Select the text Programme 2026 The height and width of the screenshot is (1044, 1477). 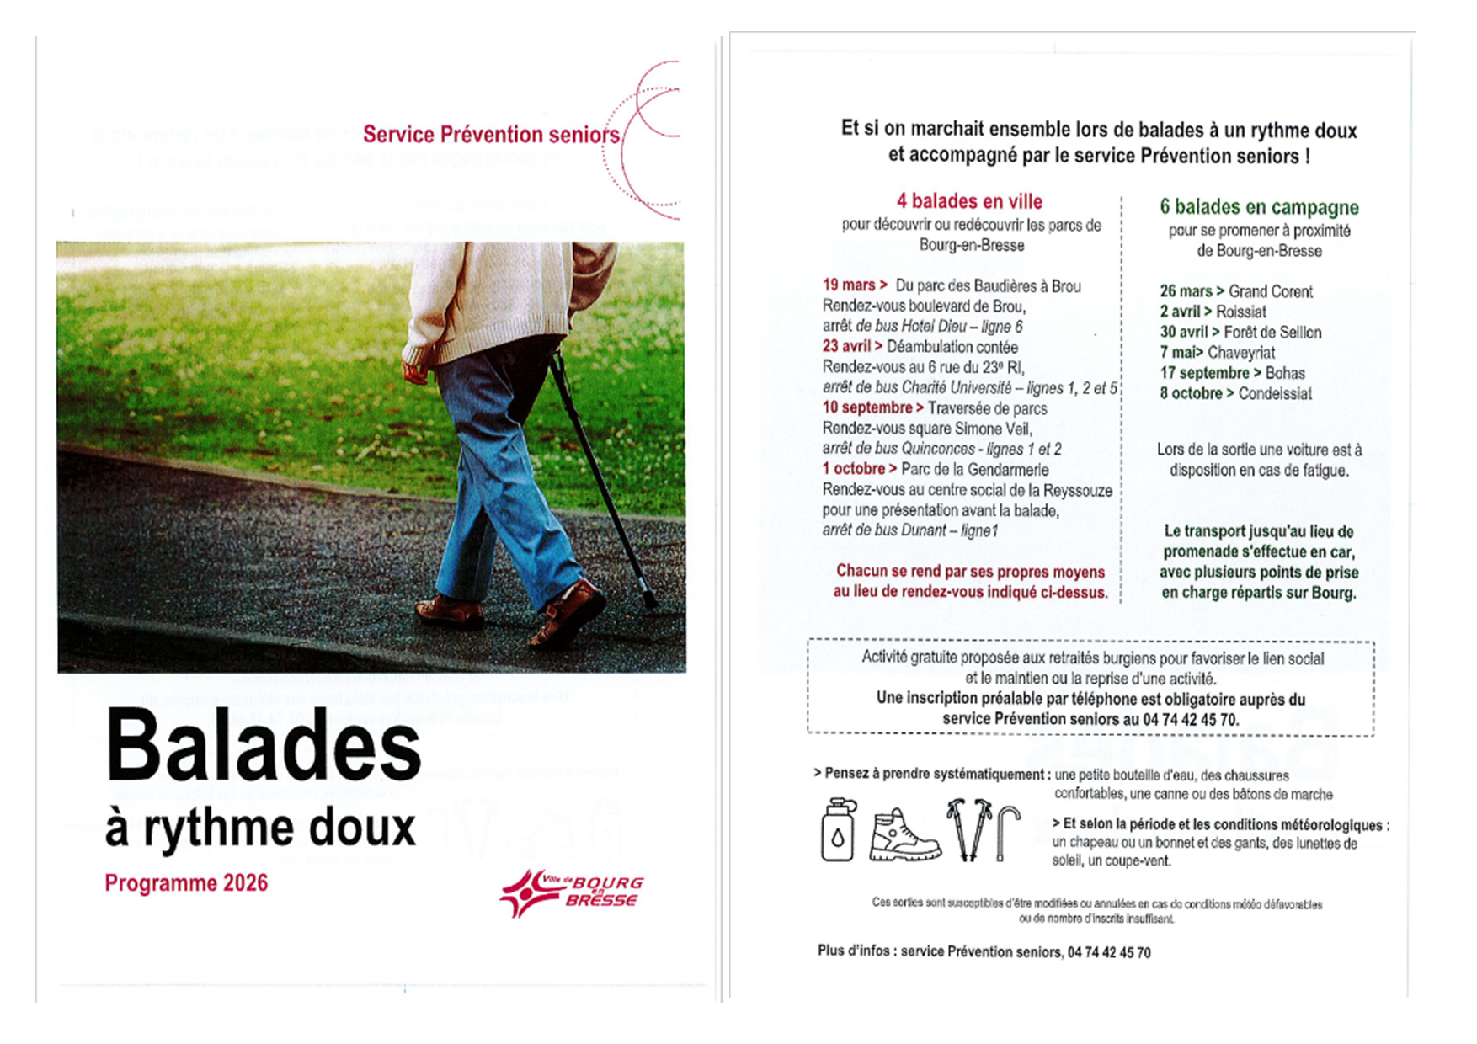click(x=186, y=883)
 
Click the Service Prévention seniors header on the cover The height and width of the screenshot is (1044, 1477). click(x=491, y=135)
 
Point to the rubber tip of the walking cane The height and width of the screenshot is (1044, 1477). click(x=649, y=601)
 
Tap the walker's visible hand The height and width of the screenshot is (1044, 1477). click(x=415, y=370)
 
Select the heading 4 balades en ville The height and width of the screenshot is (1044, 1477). click(x=969, y=201)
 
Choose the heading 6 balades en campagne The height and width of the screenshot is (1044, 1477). click(x=1259, y=207)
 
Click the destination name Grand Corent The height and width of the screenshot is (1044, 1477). click(x=1270, y=291)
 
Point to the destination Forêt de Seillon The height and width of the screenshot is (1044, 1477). click(x=1272, y=332)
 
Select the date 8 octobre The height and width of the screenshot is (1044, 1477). click(x=1191, y=393)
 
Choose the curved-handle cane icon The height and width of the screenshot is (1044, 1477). click(x=1007, y=831)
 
